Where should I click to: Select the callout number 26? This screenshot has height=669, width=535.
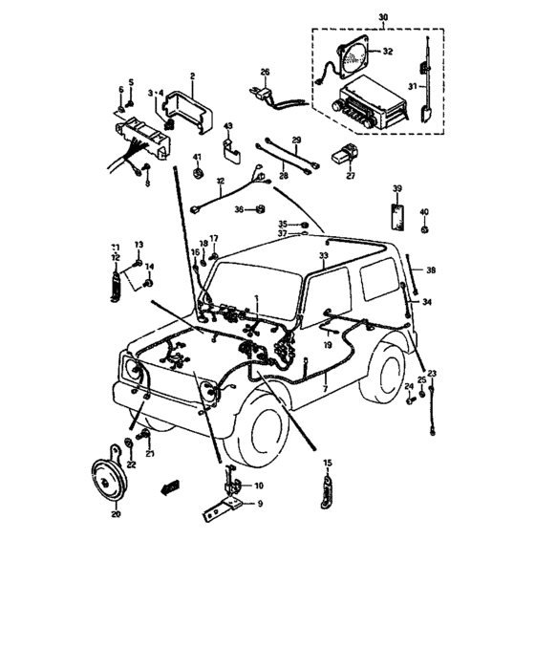coord(266,72)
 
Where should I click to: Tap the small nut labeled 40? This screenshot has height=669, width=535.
coord(426,230)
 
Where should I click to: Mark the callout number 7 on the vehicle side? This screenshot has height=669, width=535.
coord(324,390)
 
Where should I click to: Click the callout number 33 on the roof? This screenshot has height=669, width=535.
coord(323,257)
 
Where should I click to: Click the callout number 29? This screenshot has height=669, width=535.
coord(295,140)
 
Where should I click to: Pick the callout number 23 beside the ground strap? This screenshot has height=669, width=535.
coord(432,373)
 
